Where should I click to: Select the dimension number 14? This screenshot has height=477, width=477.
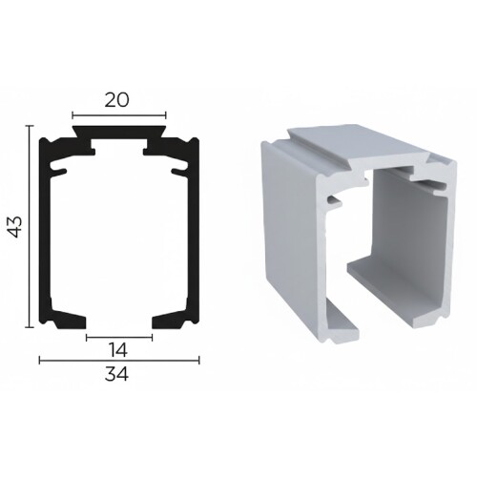tap(118, 349)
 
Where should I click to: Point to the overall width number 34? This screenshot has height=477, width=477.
tap(118, 375)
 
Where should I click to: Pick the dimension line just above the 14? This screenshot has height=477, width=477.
tap(118, 336)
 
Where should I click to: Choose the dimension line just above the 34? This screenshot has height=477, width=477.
tap(118, 361)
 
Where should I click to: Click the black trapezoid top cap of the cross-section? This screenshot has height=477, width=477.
tap(119, 127)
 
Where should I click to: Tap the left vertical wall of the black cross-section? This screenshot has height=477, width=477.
tap(45, 229)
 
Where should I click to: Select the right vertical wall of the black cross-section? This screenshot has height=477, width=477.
tap(195, 229)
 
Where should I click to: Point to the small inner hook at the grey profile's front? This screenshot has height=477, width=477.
tap(336, 201)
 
